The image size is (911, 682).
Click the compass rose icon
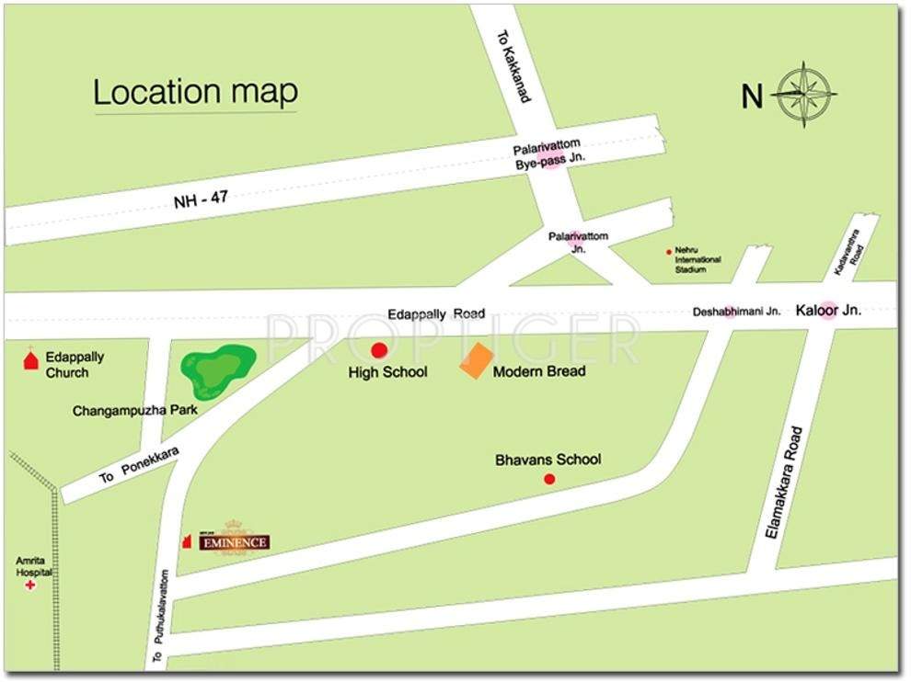804,94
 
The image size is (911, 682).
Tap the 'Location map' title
196,92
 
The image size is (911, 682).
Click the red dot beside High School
378,349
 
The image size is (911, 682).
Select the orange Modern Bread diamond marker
476,360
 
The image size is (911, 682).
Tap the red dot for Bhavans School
549,479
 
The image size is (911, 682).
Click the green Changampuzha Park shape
217,369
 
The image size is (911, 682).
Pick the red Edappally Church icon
30,359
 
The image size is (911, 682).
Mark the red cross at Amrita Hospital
30,585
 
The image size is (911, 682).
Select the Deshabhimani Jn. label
736,312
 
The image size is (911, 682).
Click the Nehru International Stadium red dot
669,251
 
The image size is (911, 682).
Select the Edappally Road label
435,313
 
